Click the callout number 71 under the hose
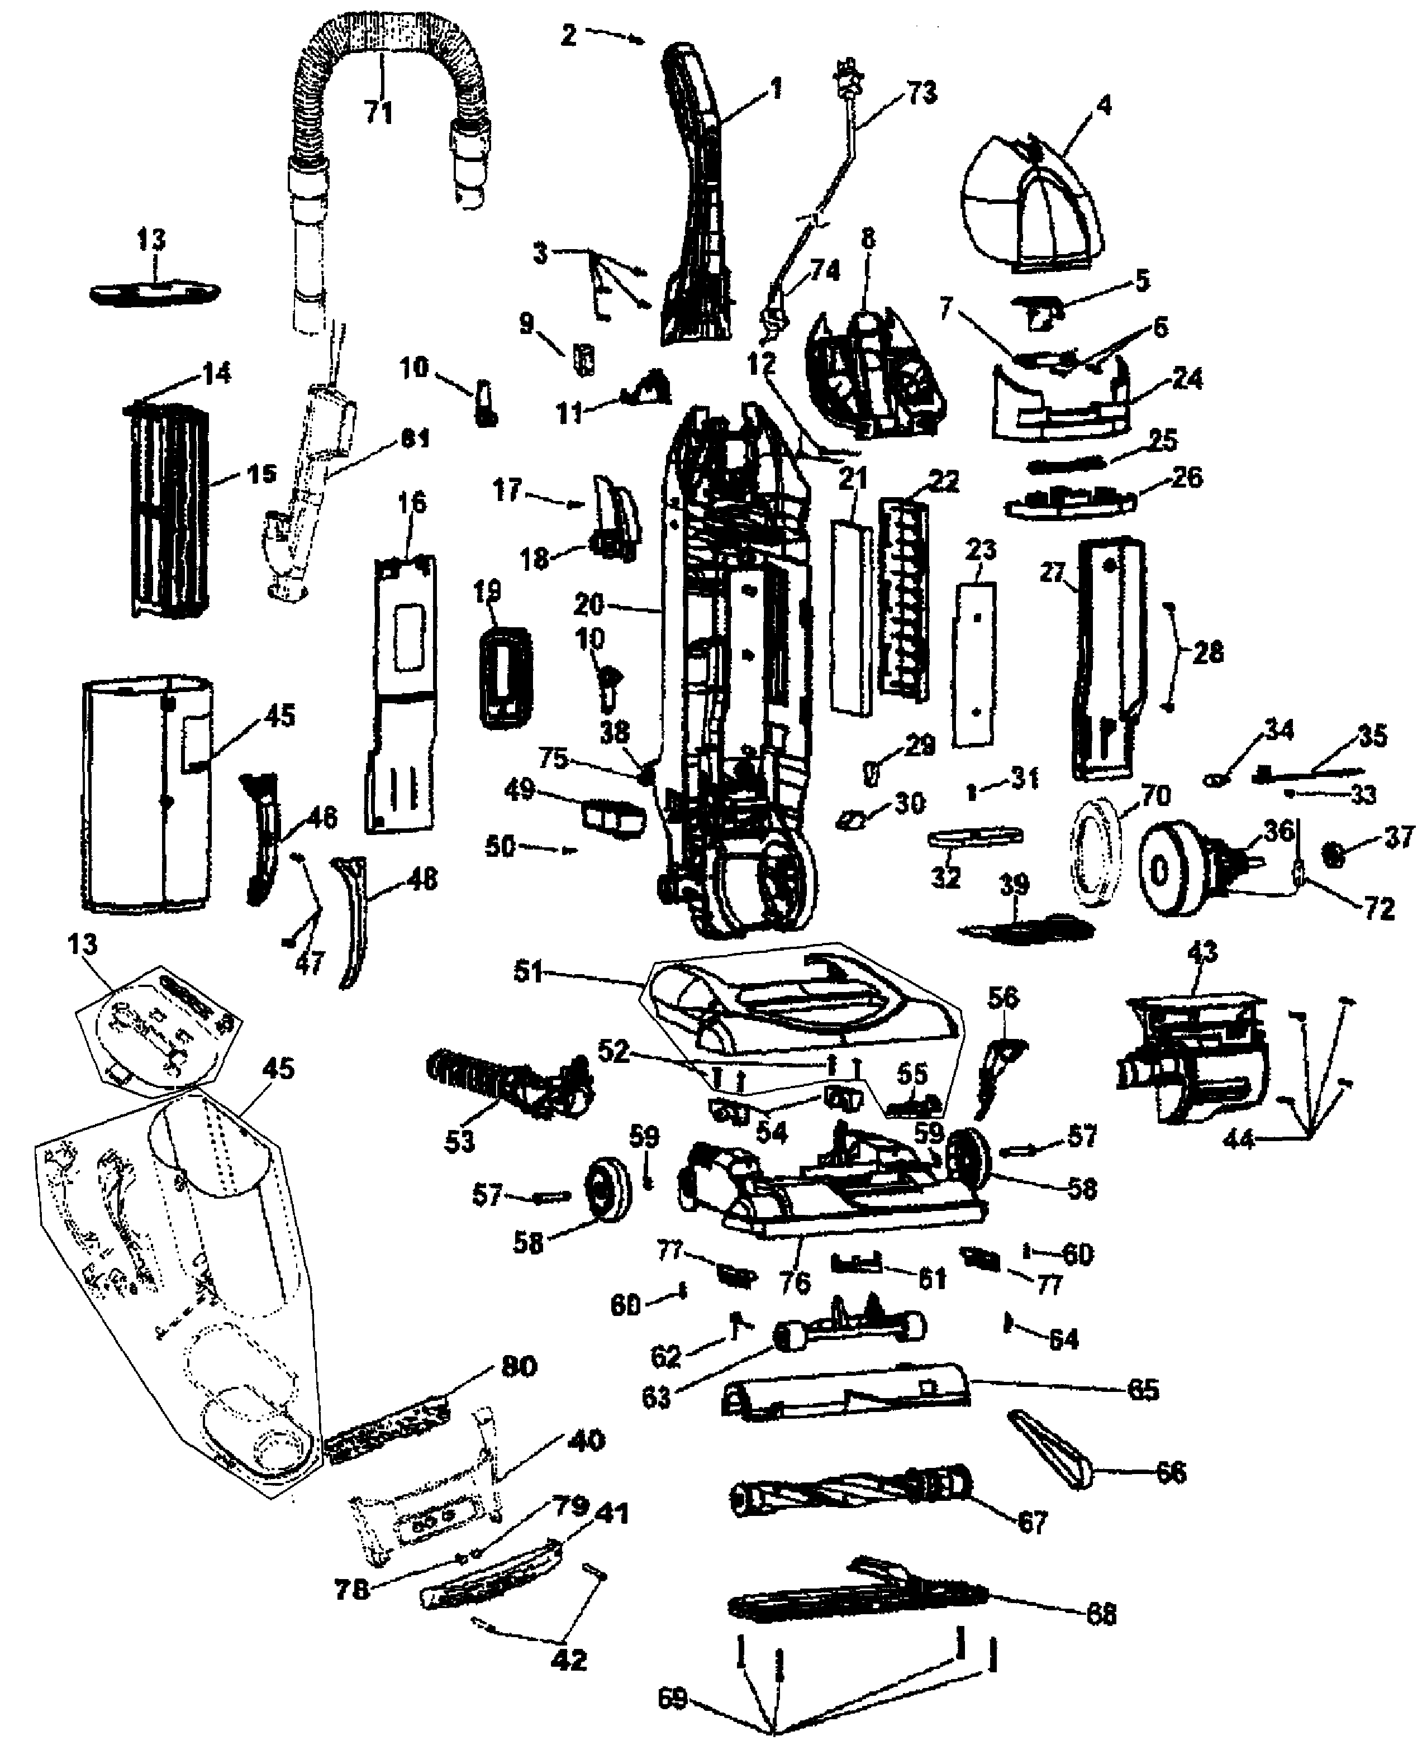pos(378,111)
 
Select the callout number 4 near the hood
pos(1104,105)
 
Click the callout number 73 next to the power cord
pos(921,93)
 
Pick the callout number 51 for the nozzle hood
pos(529,971)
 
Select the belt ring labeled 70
pos(1093,852)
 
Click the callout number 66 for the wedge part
pos(1169,1472)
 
